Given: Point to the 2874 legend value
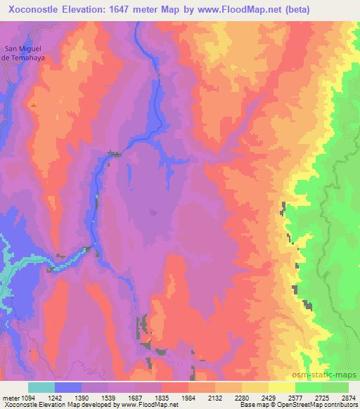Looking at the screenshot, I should pos(348,397).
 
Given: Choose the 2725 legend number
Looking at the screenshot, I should pos(321,397).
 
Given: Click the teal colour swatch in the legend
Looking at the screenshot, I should pos(41,387).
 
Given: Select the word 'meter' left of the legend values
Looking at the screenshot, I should pos(10,397).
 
